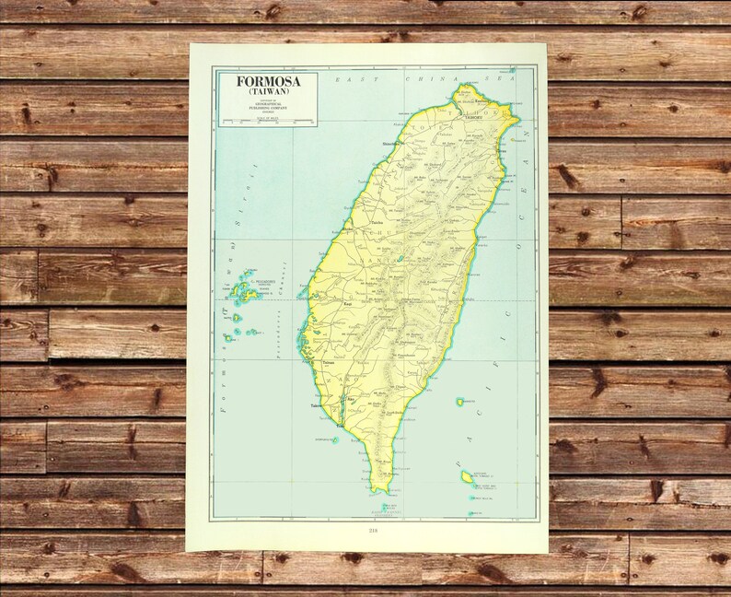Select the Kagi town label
(x=348, y=303)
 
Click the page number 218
(x=372, y=530)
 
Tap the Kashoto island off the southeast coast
(x=459, y=402)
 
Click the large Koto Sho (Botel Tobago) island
(x=468, y=476)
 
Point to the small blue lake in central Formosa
(x=400, y=259)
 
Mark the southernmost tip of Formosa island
(x=375, y=490)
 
